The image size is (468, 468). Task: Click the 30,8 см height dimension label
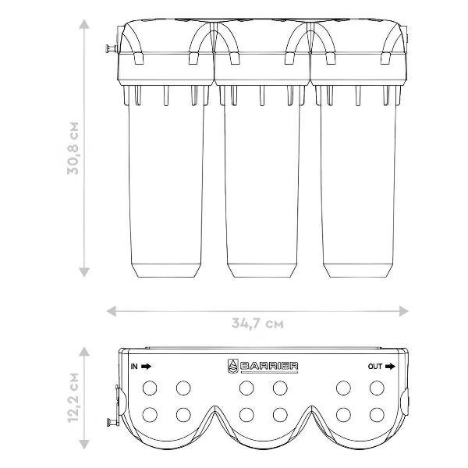73,148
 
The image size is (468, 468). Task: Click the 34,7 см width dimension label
257,323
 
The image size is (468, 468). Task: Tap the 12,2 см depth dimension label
73,398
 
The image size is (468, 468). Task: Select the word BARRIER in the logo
269,366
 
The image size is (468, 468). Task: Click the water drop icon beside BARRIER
232,367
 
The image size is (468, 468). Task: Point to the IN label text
134,367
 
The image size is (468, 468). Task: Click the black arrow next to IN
147,367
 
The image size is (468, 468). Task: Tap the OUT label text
375,367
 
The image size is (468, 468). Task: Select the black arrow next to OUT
390,367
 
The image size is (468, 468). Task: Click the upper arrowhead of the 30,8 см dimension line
84,24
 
